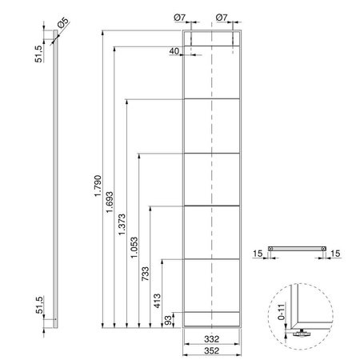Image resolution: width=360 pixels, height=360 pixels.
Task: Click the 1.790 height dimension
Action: pyautogui.click(x=98, y=186)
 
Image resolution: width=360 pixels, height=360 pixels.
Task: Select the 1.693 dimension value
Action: pyautogui.click(x=110, y=202)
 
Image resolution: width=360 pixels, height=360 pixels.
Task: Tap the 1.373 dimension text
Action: pyautogui.click(x=122, y=224)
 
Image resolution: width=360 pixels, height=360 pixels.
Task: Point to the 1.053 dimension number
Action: pyautogui.click(x=134, y=247)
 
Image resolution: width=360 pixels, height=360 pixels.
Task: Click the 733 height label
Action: pyautogui.click(x=146, y=274)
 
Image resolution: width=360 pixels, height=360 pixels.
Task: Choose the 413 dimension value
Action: pyautogui.click(x=158, y=301)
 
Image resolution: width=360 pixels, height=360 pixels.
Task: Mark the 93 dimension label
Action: pyautogui.click(x=168, y=320)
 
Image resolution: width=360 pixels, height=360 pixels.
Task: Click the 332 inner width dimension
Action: pyautogui.click(x=212, y=339)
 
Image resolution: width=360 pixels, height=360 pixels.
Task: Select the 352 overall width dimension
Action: pyautogui.click(x=212, y=350)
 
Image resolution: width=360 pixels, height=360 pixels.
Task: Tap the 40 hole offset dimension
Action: pyautogui.click(x=174, y=51)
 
